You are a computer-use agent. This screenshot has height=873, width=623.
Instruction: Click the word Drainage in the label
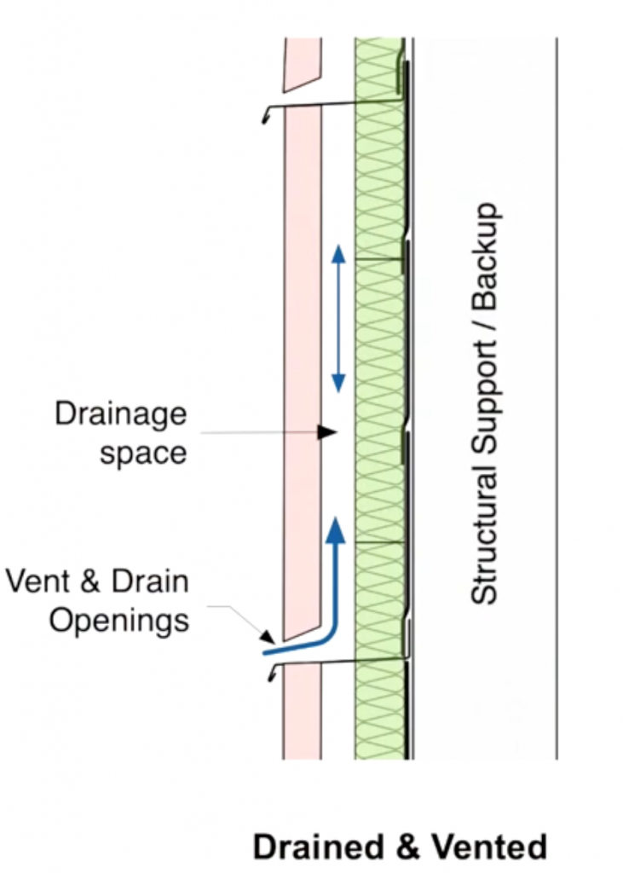click(120, 416)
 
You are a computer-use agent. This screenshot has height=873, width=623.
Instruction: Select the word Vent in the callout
click(35, 581)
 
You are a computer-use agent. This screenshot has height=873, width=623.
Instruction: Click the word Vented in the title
click(489, 847)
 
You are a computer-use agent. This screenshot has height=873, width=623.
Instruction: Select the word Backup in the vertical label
click(484, 256)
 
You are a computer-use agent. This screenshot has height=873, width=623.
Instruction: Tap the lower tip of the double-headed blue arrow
click(338, 392)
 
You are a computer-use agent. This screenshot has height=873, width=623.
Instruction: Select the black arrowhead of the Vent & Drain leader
click(268, 635)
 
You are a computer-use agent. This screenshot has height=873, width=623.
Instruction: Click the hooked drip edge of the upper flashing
click(266, 115)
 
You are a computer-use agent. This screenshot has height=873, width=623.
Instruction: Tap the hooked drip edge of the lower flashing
click(272, 674)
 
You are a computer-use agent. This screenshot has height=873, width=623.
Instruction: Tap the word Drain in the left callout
click(150, 581)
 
